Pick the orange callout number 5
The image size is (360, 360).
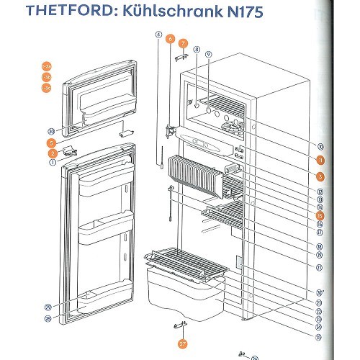[x=53, y=143]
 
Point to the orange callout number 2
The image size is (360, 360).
[x=53, y=153]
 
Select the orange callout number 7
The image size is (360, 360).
[x=184, y=43]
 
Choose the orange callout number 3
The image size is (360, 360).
[x=320, y=176]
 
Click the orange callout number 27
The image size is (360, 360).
[x=182, y=344]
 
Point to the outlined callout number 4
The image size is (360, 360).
[x=158, y=35]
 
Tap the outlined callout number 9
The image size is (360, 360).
[x=208, y=54]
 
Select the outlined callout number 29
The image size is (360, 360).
[x=48, y=307]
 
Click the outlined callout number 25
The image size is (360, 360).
[x=318, y=336]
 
